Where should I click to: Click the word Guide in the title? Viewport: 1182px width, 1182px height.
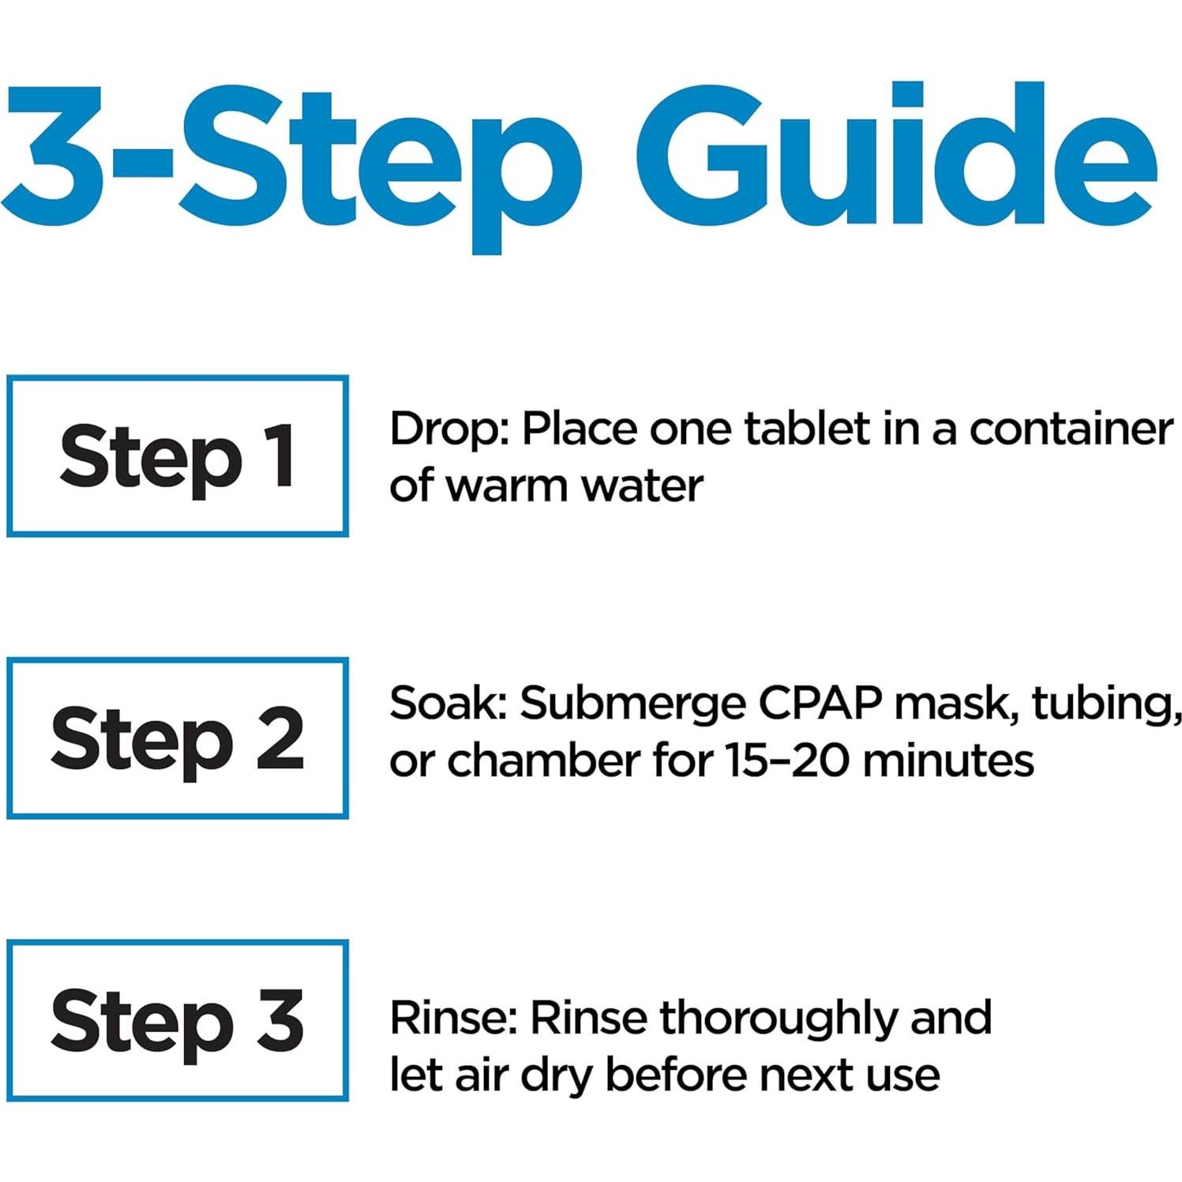point(896,158)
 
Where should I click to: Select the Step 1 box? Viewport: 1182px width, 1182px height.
point(178,456)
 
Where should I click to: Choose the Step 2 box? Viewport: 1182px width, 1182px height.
point(178,738)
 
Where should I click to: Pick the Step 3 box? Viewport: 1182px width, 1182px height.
point(178,1020)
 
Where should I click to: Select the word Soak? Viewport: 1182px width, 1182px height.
point(448,703)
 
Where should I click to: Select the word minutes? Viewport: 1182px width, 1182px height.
point(947,761)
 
